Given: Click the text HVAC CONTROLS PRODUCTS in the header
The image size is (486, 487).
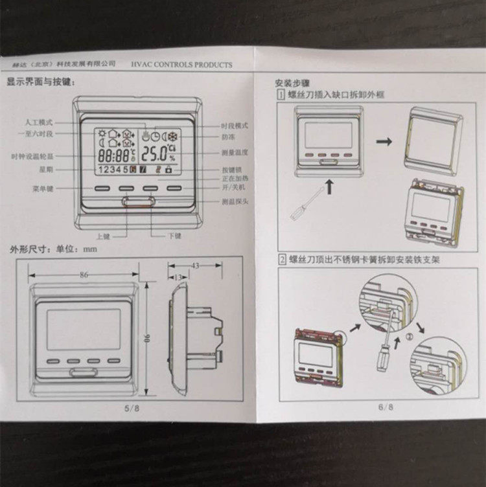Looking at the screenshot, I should click(181, 65).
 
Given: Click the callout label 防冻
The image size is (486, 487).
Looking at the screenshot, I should click(227, 137).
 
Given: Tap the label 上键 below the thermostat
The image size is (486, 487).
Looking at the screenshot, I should click(102, 236).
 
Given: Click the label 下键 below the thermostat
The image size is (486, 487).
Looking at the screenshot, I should click(174, 236).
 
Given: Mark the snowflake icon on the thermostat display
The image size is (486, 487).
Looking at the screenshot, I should click(174, 137).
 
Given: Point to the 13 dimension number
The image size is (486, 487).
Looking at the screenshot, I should click(178, 277).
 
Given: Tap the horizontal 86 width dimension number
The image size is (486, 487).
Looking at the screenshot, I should click(84, 275).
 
